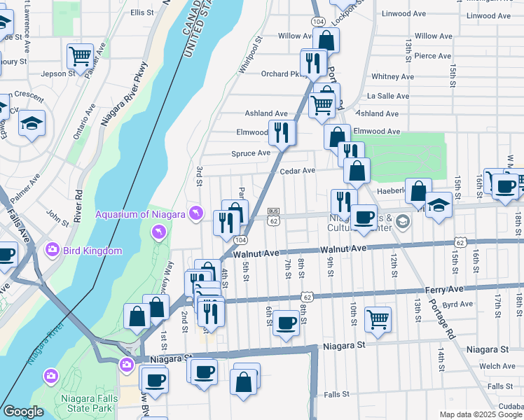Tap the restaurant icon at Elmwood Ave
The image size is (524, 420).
(282, 131)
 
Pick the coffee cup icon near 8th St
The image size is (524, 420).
(285, 323)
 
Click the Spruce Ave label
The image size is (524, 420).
(251, 153)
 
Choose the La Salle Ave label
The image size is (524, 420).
(388, 96)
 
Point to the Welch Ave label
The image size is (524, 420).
(497, 366)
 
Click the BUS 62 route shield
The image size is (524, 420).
(274, 216)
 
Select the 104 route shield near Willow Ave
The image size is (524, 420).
(317, 22)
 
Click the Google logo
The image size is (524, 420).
(23, 412)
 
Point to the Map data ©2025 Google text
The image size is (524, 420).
(480, 414)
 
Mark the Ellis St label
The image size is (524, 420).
(142, 13)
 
